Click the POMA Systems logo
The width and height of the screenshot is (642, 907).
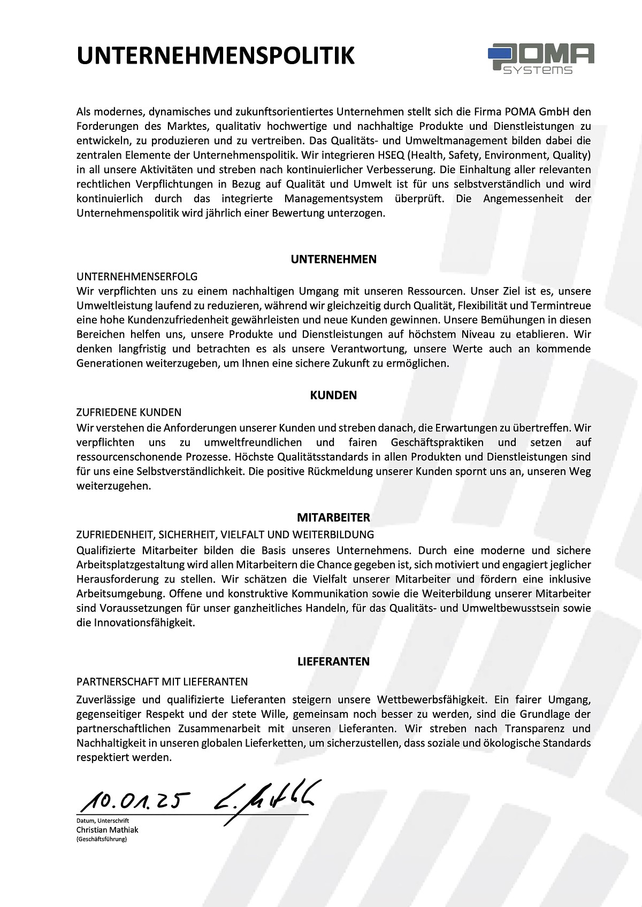[541, 59]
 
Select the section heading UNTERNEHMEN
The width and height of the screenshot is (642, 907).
[334, 259]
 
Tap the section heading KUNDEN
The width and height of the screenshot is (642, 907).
[334, 396]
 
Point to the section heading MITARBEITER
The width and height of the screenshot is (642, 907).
[334, 517]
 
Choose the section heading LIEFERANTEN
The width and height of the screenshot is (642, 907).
[334, 662]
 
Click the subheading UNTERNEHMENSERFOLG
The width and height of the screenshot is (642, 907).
[137, 276]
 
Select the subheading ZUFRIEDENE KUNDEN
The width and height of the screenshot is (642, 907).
[129, 413]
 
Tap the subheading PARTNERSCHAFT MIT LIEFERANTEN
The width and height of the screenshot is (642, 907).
[162, 681]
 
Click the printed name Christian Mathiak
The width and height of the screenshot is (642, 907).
[107, 830]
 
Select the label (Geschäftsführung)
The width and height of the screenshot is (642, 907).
[102, 839]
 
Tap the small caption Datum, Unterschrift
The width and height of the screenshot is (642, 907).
[102, 820]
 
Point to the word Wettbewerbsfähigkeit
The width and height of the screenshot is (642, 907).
[432, 699]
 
